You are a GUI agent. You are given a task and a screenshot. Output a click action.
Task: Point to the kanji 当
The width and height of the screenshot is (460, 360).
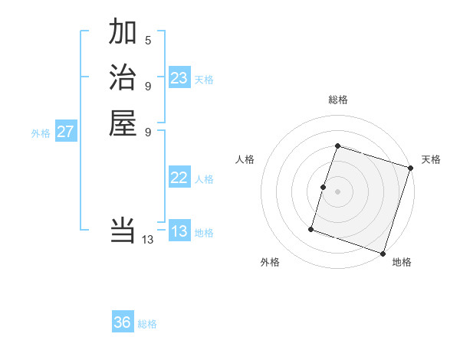coord(123,230)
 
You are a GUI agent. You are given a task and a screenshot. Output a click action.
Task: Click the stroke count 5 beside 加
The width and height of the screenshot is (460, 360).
coord(148,40)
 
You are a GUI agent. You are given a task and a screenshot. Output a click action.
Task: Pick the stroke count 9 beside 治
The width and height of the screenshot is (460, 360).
coord(148,85)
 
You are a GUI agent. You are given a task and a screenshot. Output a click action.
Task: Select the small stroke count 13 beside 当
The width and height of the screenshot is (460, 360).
coord(148,239)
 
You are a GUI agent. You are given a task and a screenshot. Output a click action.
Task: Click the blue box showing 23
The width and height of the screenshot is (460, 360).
coord(179,78)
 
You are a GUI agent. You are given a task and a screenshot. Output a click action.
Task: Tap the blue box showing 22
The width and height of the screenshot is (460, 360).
coord(179,178)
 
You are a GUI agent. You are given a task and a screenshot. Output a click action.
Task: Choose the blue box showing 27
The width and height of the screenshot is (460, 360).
coord(66,132)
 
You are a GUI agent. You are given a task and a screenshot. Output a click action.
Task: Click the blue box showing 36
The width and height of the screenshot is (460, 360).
coord(123,322)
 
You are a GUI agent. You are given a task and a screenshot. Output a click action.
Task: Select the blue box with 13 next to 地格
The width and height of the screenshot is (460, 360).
coord(179,231)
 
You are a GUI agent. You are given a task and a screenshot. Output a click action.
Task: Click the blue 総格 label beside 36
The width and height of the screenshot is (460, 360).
coord(147,324)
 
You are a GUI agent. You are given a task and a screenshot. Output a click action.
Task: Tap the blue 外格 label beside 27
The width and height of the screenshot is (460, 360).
coord(41,133)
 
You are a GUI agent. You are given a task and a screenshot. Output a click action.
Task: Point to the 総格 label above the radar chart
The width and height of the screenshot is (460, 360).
coord(337,100)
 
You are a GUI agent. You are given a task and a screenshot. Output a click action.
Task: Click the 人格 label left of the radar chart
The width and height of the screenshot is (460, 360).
coord(245,159)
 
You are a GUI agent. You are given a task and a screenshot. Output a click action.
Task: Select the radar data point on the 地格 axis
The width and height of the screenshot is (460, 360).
coord(383,253)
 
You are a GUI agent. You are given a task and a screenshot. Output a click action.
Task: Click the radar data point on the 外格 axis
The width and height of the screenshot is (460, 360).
coord(311,228)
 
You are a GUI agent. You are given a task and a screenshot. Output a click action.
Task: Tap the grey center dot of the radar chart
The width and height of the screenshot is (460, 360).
coord(337,191)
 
